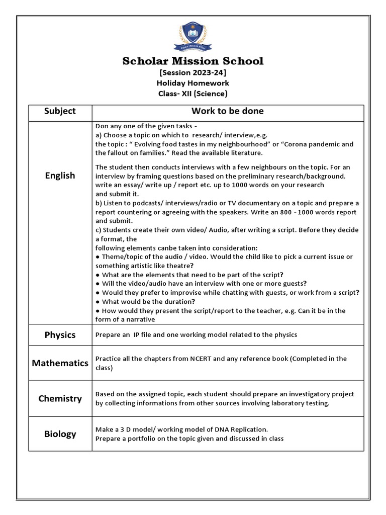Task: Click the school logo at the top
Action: pos(192,36)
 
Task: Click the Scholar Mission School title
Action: pos(193,61)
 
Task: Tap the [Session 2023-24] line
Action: pos(193,73)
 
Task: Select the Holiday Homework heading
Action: pos(193,83)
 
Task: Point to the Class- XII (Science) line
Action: pos(193,94)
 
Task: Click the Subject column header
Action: pos(60,111)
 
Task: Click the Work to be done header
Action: pos(227,111)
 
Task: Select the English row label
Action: pos(60,176)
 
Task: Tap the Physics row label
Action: pos(60,335)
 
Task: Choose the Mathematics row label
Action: pos(60,363)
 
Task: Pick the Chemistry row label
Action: pos(60,399)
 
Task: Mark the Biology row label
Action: pos(60,434)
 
